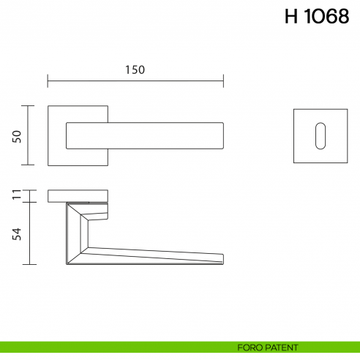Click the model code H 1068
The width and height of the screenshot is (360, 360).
point(316,18)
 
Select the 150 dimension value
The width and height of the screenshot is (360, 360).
point(135,70)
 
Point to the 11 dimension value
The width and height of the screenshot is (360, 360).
point(17,195)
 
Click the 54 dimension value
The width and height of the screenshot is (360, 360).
point(17,233)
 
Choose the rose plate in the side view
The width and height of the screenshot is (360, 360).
point(79,195)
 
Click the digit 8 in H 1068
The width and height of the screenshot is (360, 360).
point(342,18)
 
